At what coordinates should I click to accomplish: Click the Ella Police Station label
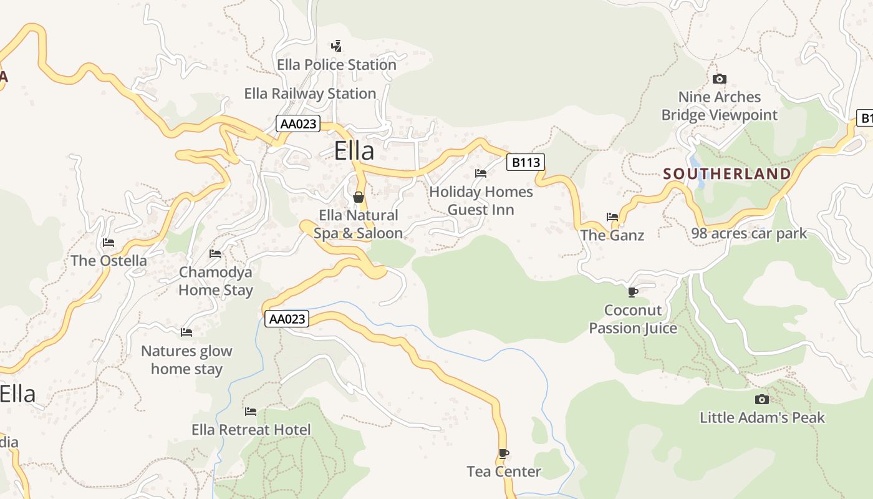(x=336, y=65)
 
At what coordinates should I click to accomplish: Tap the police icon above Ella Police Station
(x=337, y=46)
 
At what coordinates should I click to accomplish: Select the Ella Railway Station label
(x=310, y=94)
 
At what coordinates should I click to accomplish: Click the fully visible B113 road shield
(x=525, y=163)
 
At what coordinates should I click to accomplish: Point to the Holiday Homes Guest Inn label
(x=481, y=200)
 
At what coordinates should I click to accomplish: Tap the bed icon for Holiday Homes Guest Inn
(x=481, y=173)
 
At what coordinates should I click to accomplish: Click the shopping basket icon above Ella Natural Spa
(x=359, y=197)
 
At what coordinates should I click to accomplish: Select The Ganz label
(x=612, y=235)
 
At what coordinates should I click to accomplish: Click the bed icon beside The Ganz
(x=612, y=217)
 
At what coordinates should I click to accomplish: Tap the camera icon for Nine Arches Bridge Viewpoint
(x=720, y=79)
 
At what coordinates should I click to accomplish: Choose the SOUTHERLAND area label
(x=727, y=174)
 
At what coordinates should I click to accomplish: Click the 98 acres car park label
(x=749, y=234)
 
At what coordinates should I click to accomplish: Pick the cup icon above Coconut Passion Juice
(x=633, y=292)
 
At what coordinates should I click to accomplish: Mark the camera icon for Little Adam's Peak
(x=761, y=399)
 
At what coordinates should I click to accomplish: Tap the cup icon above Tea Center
(x=504, y=453)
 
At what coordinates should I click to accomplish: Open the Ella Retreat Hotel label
(x=251, y=430)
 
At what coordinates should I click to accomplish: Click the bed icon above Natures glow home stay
(x=186, y=332)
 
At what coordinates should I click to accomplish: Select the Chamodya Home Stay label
(x=216, y=281)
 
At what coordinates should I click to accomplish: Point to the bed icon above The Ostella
(x=109, y=243)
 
